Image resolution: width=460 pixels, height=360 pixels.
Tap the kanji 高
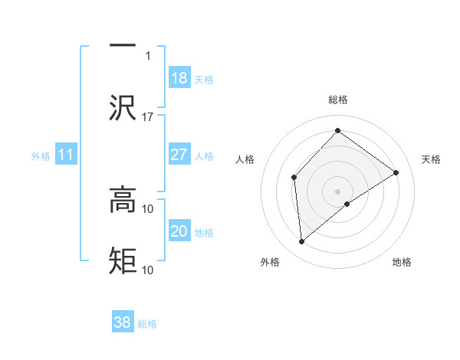click(x=123, y=200)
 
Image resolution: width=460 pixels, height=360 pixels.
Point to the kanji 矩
click(x=123, y=260)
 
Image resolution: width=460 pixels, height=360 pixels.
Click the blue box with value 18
click(x=179, y=78)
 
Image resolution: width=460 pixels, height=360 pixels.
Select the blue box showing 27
click(x=179, y=155)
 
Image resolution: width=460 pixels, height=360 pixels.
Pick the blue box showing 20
click(x=179, y=231)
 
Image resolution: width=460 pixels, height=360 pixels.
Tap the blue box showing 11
click(x=66, y=155)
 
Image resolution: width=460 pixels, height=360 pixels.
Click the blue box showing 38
click(x=123, y=322)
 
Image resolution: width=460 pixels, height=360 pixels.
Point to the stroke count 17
click(x=148, y=116)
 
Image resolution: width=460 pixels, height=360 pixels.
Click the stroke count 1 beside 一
click(x=148, y=55)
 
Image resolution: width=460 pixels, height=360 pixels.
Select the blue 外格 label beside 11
click(x=41, y=155)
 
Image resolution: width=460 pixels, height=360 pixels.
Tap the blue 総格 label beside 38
click(x=147, y=323)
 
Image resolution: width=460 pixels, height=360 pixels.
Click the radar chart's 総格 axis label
click(x=337, y=100)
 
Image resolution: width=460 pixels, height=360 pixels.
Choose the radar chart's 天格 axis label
click(x=432, y=159)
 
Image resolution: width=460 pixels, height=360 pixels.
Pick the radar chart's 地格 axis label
click(x=402, y=262)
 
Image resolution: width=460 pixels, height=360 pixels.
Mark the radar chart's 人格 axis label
click(x=245, y=159)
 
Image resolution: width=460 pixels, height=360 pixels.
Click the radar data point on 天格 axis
click(x=396, y=172)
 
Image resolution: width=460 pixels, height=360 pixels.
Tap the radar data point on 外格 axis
click(x=302, y=242)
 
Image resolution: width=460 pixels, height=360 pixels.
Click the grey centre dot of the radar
click(x=337, y=190)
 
